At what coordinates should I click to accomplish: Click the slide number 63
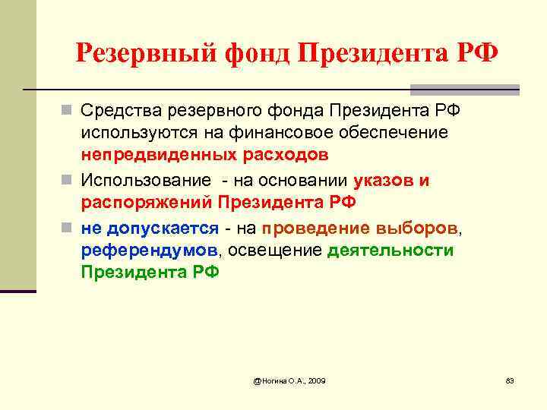coord(510,380)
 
